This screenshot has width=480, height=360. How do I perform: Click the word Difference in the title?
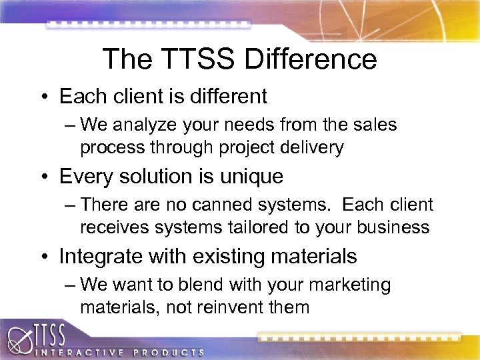click(311, 59)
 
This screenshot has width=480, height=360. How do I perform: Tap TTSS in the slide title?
click(197, 59)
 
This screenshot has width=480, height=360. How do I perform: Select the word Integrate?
click(101, 257)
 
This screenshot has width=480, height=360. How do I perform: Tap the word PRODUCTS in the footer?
click(169, 351)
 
